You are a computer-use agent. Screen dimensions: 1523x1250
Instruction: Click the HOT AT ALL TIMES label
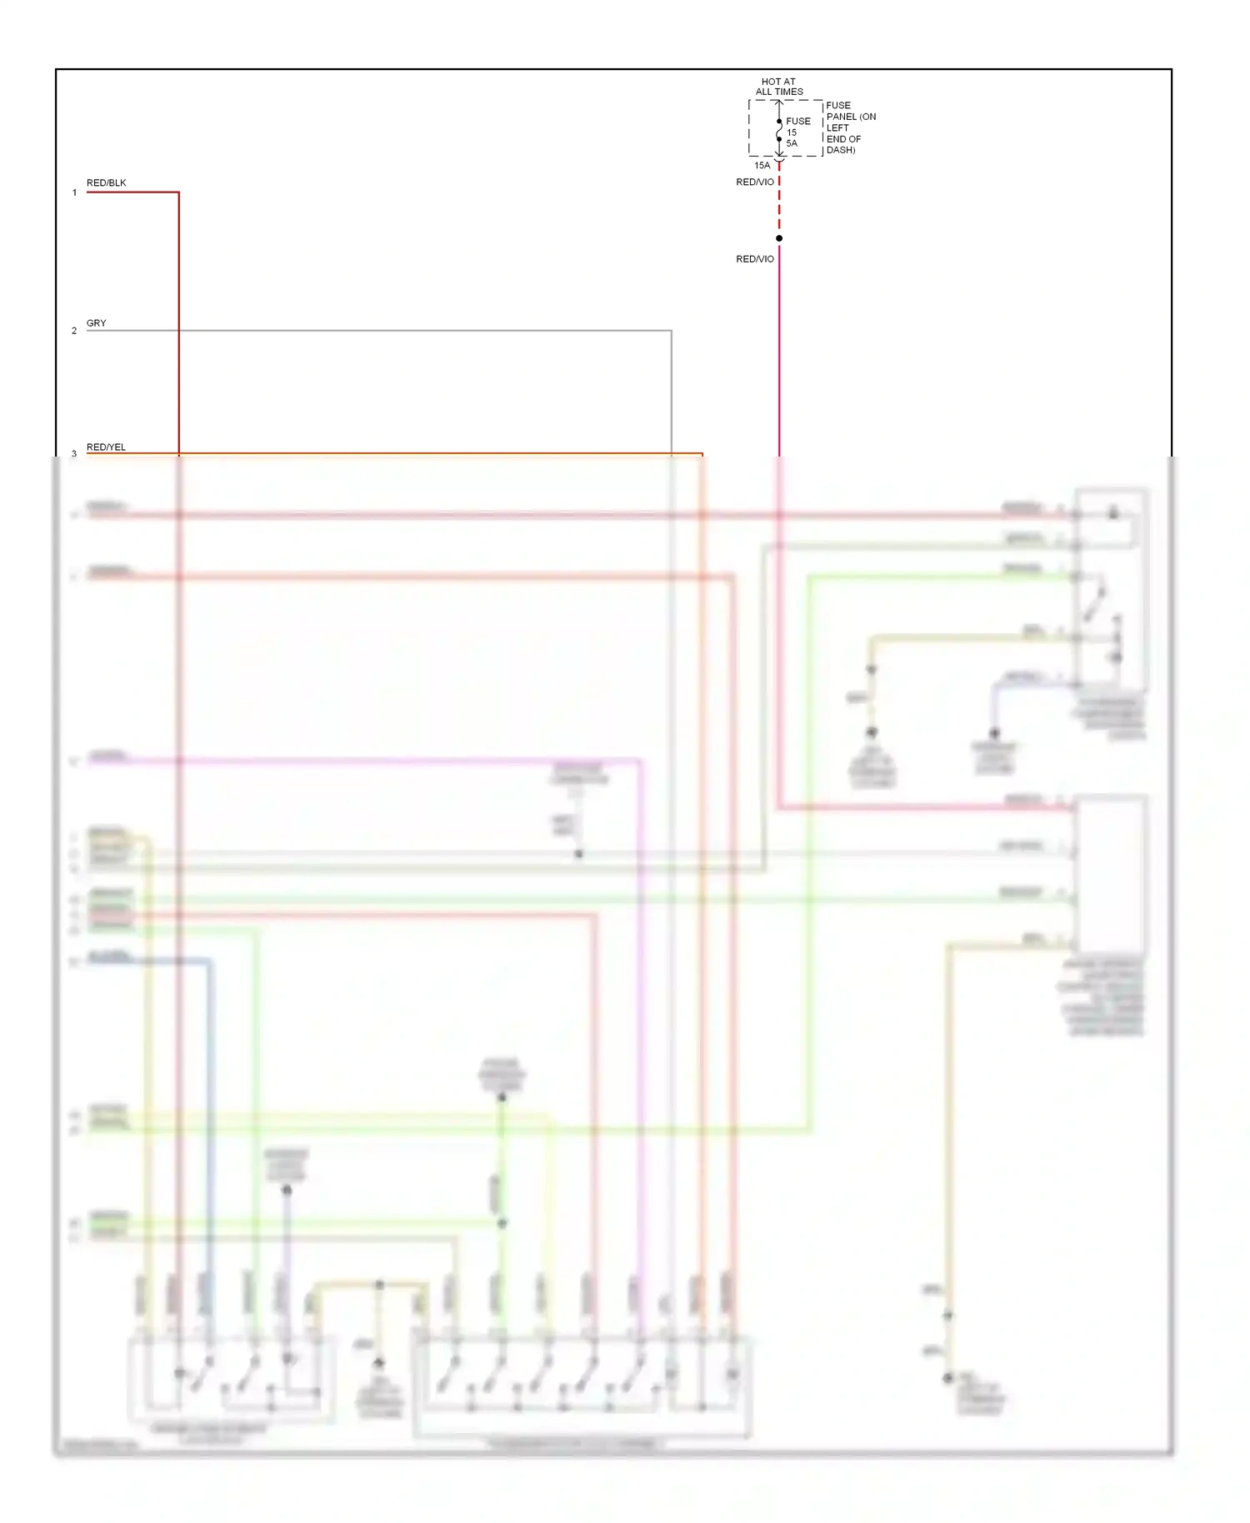(779, 87)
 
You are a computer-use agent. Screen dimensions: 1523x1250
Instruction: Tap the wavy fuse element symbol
(779, 131)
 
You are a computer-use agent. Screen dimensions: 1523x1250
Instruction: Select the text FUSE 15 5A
(797, 132)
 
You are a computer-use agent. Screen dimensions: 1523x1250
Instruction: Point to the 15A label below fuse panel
(762, 165)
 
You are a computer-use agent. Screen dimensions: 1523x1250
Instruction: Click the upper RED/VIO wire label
(755, 182)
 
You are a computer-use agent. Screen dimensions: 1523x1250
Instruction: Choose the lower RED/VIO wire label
(755, 259)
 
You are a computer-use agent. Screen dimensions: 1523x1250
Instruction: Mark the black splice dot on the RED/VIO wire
(779, 238)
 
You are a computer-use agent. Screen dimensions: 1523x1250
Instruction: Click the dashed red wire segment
(779, 204)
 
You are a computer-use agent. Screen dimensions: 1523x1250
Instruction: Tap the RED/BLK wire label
(107, 182)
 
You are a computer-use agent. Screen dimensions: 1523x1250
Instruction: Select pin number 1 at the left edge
(74, 192)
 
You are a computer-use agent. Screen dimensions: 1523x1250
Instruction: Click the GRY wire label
(97, 322)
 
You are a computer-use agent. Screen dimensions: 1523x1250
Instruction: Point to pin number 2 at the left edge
(74, 331)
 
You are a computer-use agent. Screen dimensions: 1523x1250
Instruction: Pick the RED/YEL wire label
(107, 447)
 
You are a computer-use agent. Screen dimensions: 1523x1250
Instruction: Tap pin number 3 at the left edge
(74, 453)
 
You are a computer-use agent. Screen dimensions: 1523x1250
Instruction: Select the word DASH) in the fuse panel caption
(841, 150)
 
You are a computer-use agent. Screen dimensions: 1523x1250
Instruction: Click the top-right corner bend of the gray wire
(671, 331)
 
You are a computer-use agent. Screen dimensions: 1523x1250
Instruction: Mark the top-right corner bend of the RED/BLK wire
(178, 192)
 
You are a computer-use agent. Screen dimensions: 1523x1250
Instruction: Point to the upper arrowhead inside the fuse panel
(779, 104)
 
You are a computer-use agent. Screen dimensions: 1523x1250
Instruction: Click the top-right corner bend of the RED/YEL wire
(702, 454)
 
